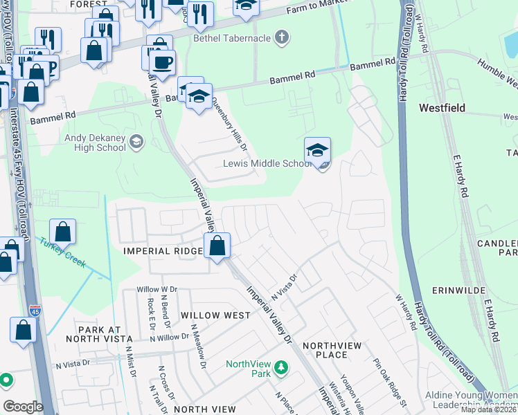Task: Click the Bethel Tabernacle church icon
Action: coord(281,37)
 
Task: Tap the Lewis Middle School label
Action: coord(266,164)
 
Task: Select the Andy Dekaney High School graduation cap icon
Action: coord(136,142)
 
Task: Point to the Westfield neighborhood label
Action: coord(442,108)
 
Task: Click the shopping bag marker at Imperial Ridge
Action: coord(217,246)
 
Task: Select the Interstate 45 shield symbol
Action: coord(35,312)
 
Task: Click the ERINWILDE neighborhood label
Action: coord(456,289)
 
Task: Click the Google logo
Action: coord(23,407)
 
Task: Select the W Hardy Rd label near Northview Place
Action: coord(407,312)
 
